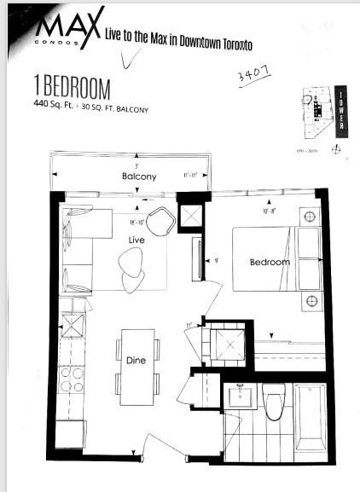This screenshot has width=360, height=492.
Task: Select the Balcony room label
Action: pos(138,177)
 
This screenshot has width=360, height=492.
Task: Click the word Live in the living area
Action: pos(136,241)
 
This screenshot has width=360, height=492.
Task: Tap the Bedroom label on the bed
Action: pos(270,262)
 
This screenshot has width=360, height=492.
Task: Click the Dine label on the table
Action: pos(135,360)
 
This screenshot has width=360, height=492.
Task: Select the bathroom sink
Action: pos(240,397)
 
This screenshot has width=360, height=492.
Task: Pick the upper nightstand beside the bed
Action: pos(309,217)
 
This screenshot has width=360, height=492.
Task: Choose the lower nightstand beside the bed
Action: pos(311,301)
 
